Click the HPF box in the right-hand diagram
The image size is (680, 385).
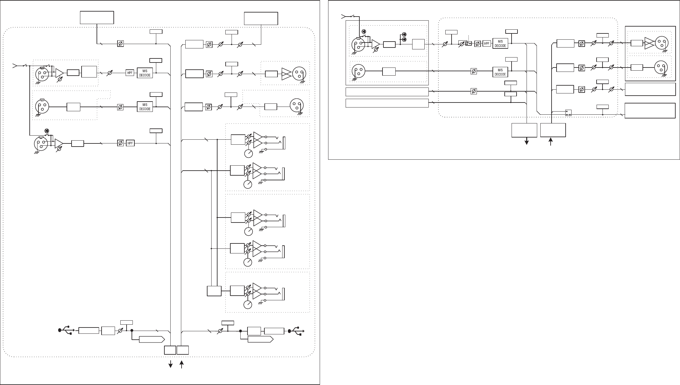487,44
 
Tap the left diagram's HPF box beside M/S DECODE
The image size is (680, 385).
130,73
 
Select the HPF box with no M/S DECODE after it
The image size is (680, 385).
130,143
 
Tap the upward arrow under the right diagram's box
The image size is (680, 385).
551,142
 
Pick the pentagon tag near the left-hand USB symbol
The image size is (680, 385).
152,340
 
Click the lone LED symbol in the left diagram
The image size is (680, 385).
47,130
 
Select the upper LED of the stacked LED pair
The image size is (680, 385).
404,34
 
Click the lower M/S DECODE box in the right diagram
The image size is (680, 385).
500,72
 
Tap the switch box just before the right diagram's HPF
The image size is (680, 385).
468,43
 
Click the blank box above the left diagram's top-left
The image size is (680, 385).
97,17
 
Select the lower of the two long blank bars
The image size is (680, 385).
387,103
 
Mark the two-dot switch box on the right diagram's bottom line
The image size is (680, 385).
568,112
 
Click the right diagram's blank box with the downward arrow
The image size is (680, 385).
524,130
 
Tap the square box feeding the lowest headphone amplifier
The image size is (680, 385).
214,291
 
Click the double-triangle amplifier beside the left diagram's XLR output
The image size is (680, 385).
286,74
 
